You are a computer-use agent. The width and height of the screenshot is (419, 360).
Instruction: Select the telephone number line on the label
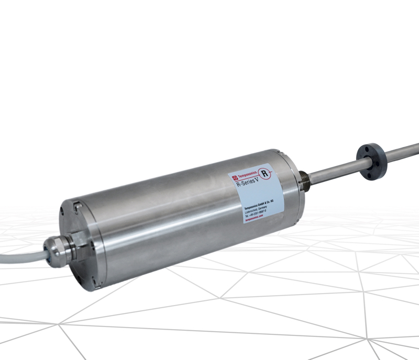258,213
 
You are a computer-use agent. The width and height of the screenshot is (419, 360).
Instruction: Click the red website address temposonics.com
256,219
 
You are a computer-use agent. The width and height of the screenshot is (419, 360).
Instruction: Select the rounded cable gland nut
57,249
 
